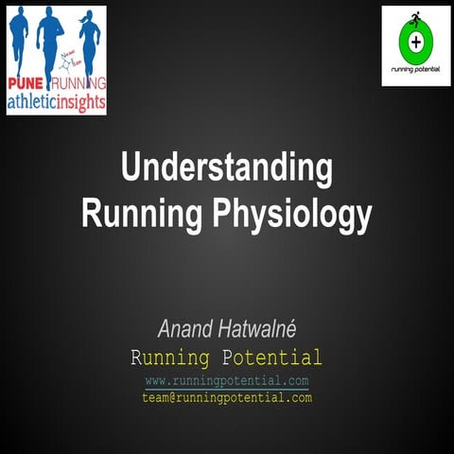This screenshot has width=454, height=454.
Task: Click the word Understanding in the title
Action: (x=226, y=170)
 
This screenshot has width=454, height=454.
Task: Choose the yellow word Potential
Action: (x=273, y=358)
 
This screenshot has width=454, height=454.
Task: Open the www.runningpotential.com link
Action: (x=227, y=380)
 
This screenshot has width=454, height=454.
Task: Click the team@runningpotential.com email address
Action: (x=227, y=397)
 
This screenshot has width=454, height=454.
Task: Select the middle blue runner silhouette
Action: (x=50, y=38)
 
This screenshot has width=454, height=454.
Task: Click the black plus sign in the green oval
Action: (x=416, y=42)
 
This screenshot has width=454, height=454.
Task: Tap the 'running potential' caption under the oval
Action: (x=416, y=71)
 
